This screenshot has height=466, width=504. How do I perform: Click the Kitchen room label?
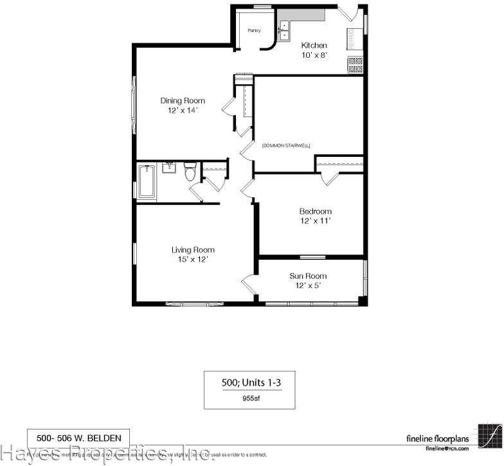[x=314, y=46]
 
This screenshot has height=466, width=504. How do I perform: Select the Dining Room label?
[x=183, y=100]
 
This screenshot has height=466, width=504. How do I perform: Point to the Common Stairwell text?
[x=286, y=146]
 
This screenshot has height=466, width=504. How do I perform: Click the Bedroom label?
[x=315, y=211]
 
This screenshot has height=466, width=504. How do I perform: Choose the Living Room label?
[x=193, y=250]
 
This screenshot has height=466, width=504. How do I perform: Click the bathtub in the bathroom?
[x=147, y=181]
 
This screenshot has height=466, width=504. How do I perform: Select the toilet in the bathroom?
[x=190, y=172]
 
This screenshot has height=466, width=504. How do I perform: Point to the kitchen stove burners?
[x=355, y=65]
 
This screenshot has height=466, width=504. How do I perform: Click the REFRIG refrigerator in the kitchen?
[x=352, y=40]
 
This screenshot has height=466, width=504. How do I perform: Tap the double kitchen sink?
[x=285, y=28]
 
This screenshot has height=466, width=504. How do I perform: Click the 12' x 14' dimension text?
[x=183, y=110]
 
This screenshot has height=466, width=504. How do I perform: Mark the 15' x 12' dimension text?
[x=193, y=260]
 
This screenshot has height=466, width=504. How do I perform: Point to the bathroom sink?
[x=169, y=168]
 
